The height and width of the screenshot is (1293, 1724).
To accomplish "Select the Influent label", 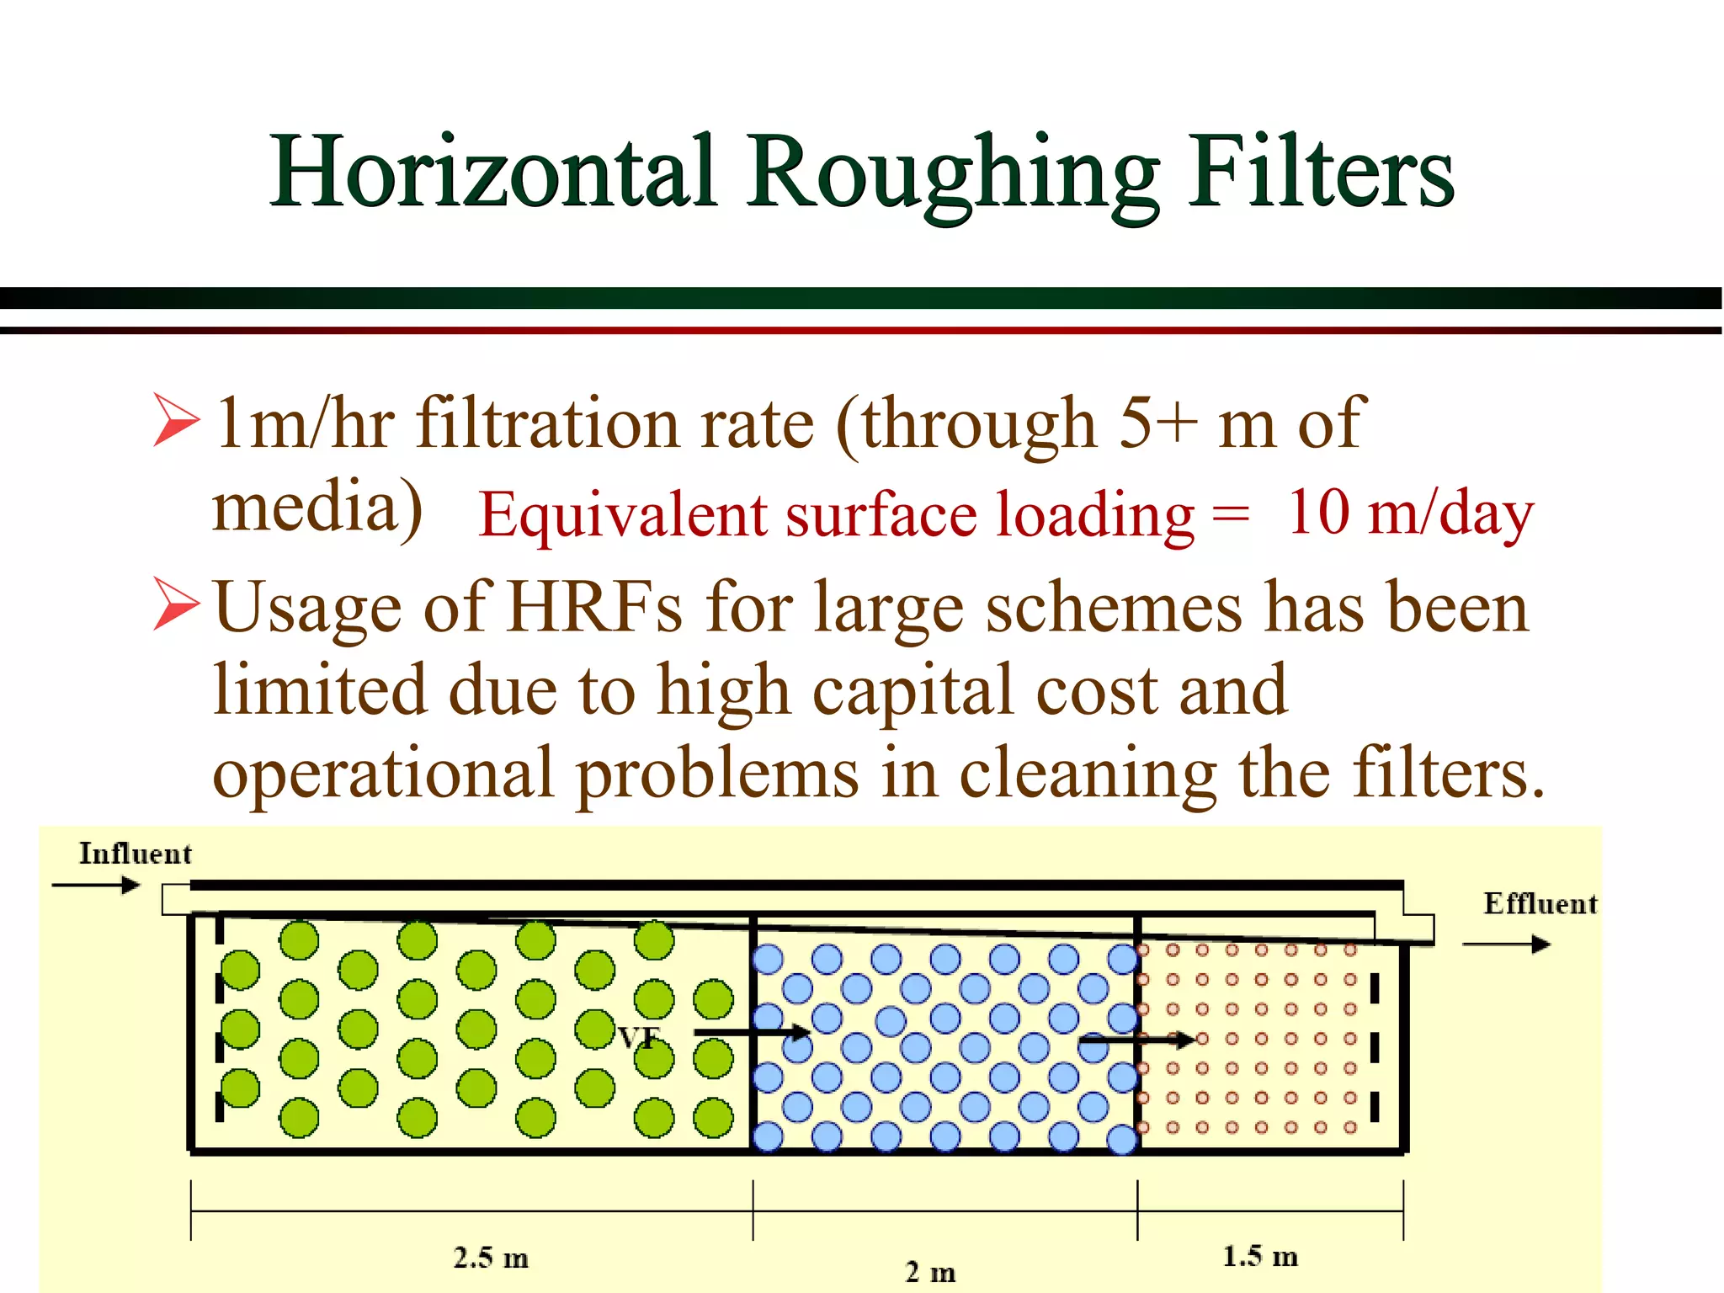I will click(135, 854).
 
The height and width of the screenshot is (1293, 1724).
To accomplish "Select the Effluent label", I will click(1540, 903).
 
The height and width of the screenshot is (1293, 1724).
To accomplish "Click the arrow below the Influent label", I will click(95, 885).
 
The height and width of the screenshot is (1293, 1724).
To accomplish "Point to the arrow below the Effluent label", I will click(1506, 944).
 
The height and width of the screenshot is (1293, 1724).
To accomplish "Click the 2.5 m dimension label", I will click(491, 1258).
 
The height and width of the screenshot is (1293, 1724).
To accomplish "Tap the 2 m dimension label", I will click(930, 1271).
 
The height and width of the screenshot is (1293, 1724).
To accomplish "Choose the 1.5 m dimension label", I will click(1259, 1256).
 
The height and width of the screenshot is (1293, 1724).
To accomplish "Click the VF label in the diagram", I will click(639, 1037).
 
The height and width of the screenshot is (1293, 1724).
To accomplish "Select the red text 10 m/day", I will click(1410, 513).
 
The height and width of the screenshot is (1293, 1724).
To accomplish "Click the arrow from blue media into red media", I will click(1136, 1040).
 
